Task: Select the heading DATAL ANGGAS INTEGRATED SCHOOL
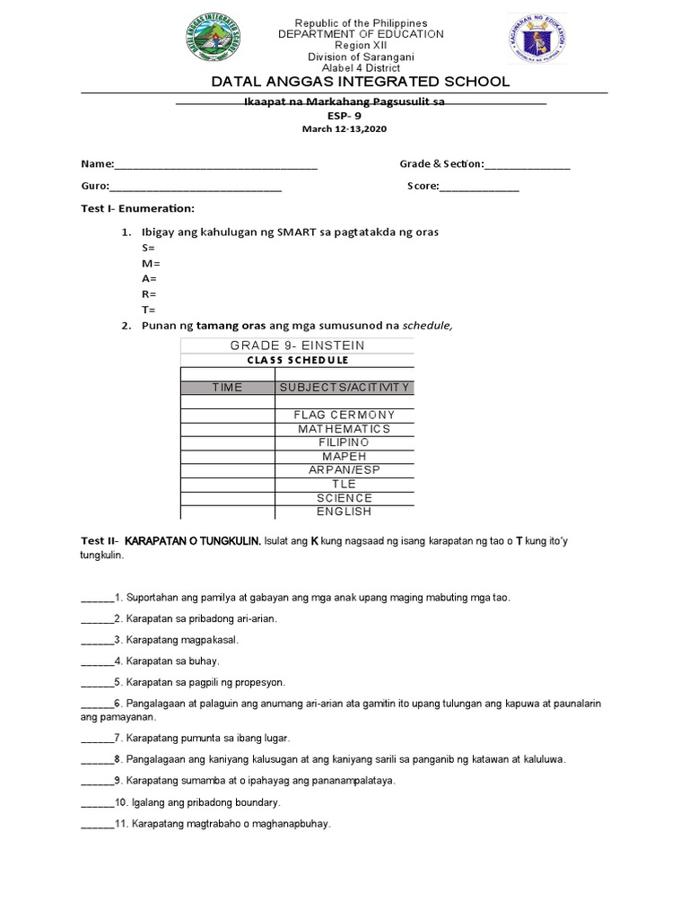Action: pos(360,82)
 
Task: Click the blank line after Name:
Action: pos(215,165)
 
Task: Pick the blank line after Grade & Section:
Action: pos(527,165)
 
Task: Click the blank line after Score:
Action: pos(478,188)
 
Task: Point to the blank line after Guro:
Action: pos(195,188)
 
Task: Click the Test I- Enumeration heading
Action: pos(137,209)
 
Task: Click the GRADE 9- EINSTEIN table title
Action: pos(297,346)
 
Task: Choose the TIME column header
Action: pos(227,388)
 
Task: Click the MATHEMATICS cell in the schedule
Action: pos(344,429)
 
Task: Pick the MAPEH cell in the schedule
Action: pos(344,457)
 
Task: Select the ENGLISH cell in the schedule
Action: pos(344,512)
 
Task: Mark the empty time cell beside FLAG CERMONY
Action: pos(227,416)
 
